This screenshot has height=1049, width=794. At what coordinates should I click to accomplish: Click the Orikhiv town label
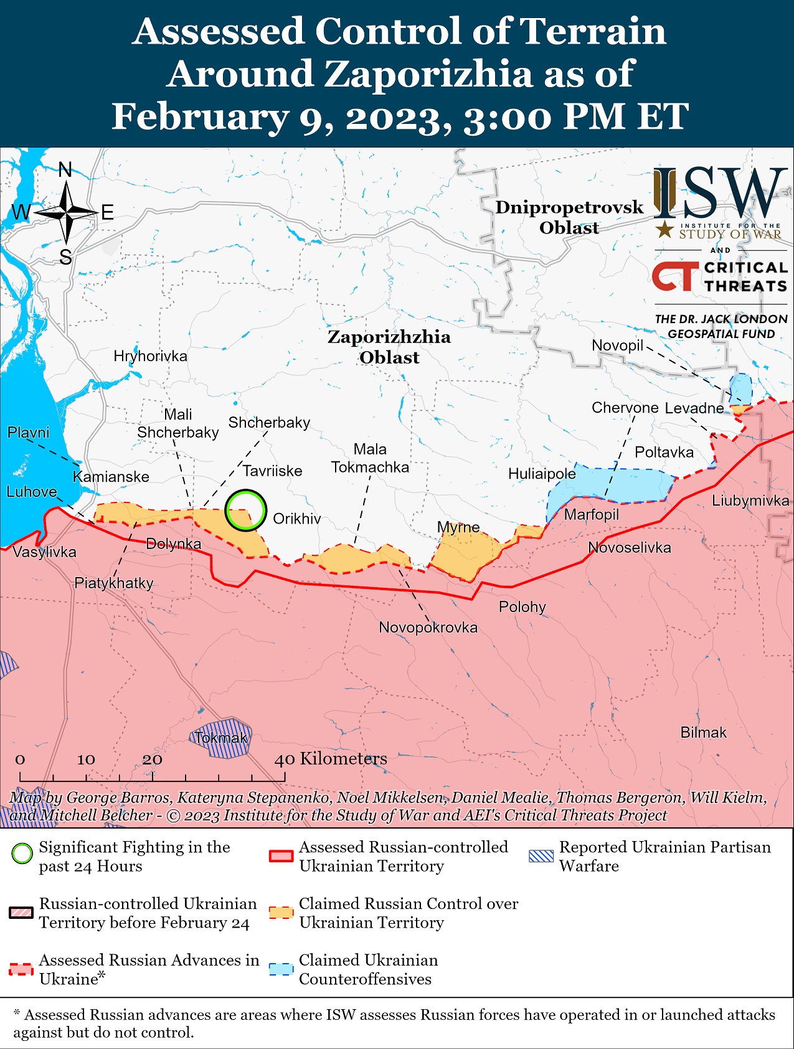tap(297, 519)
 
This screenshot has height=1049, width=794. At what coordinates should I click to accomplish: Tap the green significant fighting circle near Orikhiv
tap(246, 510)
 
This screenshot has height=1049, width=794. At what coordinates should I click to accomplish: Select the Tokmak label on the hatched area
tap(220, 738)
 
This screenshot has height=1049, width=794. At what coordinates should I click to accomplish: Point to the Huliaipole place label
tap(542, 474)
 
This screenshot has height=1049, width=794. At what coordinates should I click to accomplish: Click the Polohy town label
tap(522, 606)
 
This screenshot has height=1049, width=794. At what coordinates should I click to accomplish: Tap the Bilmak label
tap(703, 732)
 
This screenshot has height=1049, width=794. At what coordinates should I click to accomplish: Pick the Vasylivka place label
tap(44, 552)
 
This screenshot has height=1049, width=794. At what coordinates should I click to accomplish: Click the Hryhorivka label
tap(150, 356)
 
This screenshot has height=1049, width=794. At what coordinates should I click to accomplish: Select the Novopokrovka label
tap(428, 627)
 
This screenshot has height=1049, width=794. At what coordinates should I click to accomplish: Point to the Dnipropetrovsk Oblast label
tap(569, 217)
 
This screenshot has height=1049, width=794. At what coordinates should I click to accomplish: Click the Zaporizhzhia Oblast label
tap(389, 347)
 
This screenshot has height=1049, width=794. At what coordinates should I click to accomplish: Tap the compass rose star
tap(66, 213)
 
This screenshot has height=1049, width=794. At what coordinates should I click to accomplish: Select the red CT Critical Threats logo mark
tap(675, 276)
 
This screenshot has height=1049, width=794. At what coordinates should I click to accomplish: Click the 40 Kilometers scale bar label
tap(331, 758)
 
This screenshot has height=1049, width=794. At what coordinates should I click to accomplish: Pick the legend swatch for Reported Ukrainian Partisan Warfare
tap(540, 856)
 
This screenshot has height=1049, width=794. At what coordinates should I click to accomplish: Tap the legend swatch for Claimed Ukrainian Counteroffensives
tap(280, 969)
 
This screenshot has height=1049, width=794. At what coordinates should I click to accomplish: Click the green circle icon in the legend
tap(22, 854)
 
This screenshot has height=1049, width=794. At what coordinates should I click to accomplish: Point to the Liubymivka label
tap(750, 501)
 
